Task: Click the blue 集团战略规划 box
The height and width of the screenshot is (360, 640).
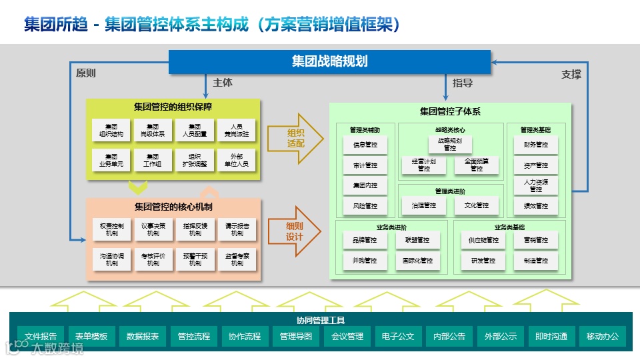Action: pyautogui.click(x=329, y=62)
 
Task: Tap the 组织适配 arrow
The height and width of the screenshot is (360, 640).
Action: pyautogui.click(x=295, y=138)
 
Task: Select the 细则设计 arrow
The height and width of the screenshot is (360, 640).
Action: pyautogui.click(x=295, y=231)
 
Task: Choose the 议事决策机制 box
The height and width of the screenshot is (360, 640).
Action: pyautogui.click(x=153, y=229)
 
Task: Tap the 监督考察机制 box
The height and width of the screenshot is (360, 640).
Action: pyautogui.click(x=237, y=259)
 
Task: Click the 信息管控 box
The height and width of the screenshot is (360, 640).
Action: pyautogui.click(x=365, y=145)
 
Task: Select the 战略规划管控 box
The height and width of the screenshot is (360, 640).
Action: pyautogui.click(x=450, y=145)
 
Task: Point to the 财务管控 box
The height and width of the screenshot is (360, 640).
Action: pyautogui.click(x=535, y=145)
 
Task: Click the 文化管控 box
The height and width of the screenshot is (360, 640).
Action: pyautogui.click(x=477, y=206)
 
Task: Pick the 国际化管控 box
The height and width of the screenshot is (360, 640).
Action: pyautogui.click(x=417, y=261)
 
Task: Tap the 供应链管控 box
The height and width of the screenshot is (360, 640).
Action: pyautogui.click(x=483, y=240)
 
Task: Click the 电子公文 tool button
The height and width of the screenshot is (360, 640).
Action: pyautogui.click(x=399, y=337)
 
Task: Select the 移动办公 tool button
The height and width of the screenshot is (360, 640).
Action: pyautogui.click(x=603, y=337)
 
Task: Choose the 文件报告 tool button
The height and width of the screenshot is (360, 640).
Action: pyautogui.click(x=41, y=337)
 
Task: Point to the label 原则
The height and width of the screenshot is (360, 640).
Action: pyautogui.click(x=86, y=73)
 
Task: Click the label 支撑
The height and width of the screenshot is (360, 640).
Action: pyautogui.click(x=571, y=75)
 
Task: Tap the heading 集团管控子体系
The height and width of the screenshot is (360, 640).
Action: pyautogui.click(x=450, y=111)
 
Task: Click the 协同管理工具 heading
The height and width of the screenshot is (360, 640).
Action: pyautogui.click(x=321, y=320)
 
